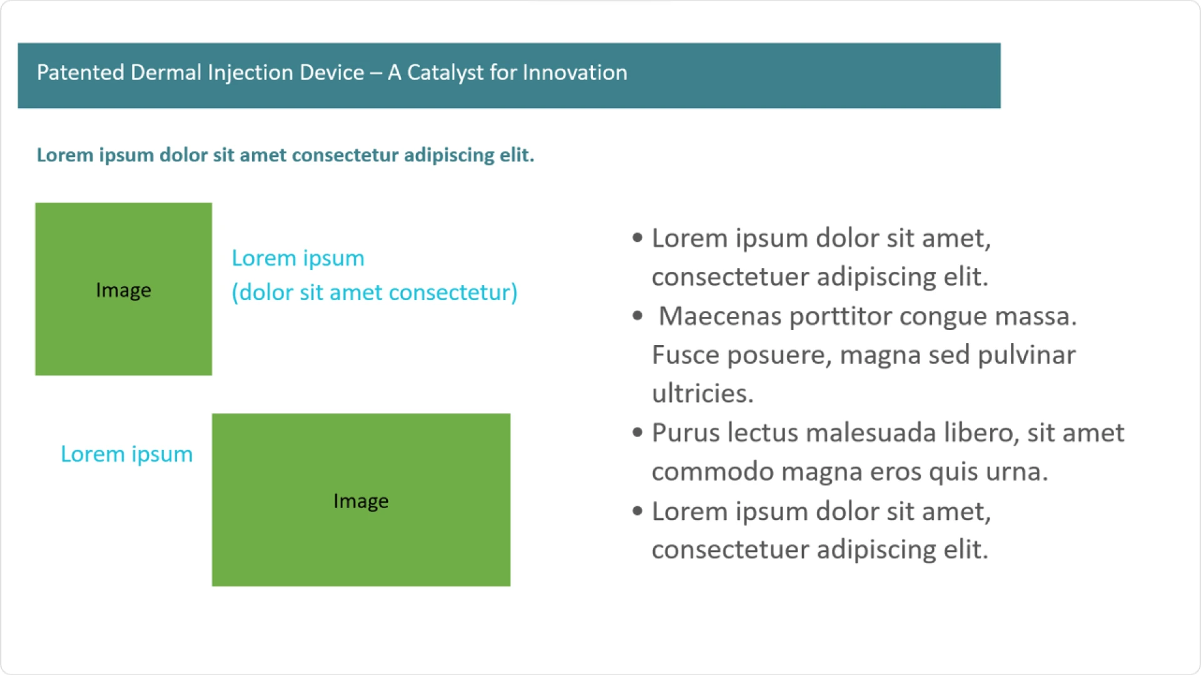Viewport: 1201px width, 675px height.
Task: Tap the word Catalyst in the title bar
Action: pos(445,72)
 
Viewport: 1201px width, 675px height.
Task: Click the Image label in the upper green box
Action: pos(123,290)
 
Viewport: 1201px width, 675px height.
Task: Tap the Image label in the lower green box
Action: pos(361,501)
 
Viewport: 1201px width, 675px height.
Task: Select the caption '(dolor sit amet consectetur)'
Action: pos(374,292)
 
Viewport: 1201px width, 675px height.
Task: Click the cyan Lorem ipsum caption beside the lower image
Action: pos(126,454)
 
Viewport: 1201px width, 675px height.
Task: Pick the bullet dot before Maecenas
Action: pos(637,316)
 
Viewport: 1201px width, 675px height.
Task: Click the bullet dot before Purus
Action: pos(637,432)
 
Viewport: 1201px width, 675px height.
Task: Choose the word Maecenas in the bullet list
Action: pos(720,316)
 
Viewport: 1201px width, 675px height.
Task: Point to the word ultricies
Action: pos(702,394)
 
